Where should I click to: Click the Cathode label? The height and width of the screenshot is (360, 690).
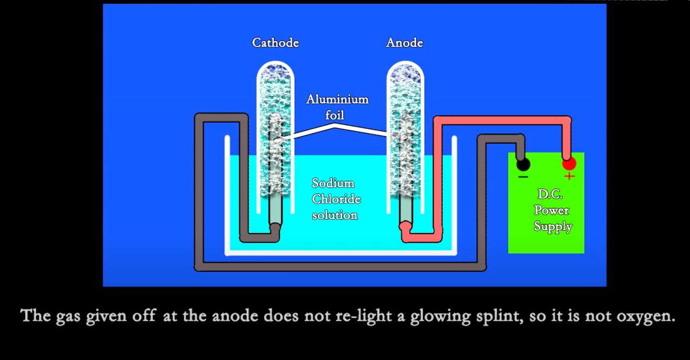click(275, 43)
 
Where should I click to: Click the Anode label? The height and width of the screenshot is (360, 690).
click(404, 43)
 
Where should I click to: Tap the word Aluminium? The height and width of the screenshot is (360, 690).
click(337, 99)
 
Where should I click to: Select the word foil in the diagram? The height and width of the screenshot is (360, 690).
click(335, 115)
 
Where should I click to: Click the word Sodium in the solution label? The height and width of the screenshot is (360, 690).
click(333, 183)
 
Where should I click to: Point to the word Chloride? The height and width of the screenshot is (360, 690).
click(336, 199)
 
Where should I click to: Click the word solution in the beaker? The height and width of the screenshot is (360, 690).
click(335, 215)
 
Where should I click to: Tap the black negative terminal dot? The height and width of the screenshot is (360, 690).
click(523, 164)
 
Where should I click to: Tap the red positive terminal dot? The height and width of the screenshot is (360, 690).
click(569, 163)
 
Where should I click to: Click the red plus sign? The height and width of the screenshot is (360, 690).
click(569, 176)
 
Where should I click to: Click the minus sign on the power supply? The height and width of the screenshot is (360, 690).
click(523, 177)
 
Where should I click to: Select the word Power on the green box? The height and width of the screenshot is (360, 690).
click(552, 210)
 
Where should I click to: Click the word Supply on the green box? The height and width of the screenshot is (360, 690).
click(553, 226)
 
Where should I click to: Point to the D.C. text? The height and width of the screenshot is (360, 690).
click(550, 194)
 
